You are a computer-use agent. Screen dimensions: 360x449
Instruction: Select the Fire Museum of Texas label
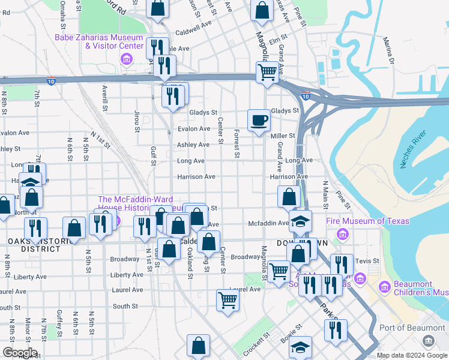[x=367, y=221]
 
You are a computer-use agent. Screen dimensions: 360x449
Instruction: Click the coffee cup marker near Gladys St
[x=259, y=120]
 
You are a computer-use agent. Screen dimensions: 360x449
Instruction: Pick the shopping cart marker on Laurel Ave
[x=228, y=299]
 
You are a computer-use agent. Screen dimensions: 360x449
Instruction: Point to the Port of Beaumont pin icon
[x=428, y=341]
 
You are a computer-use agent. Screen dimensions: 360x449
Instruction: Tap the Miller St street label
[x=283, y=136]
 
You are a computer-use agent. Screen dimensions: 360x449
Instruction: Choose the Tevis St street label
[x=367, y=261]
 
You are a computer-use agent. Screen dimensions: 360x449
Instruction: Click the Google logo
[x=19, y=353]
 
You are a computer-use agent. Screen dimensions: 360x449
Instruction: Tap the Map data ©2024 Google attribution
[x=411, y=355]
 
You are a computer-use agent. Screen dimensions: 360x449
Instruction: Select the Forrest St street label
[x=237, y=145]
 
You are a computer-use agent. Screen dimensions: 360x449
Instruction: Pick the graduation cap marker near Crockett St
[x=301, y=347]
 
